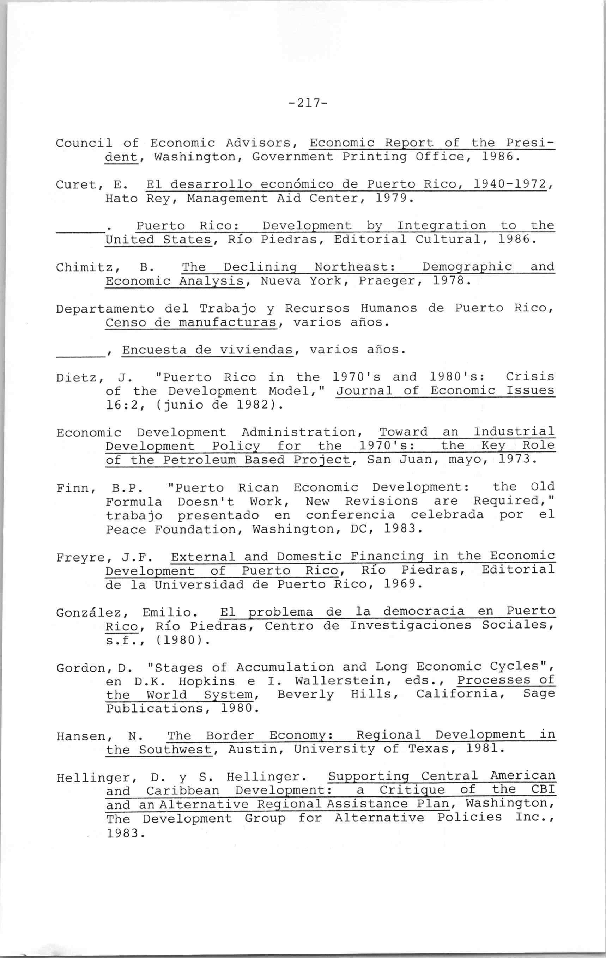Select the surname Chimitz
84,267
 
